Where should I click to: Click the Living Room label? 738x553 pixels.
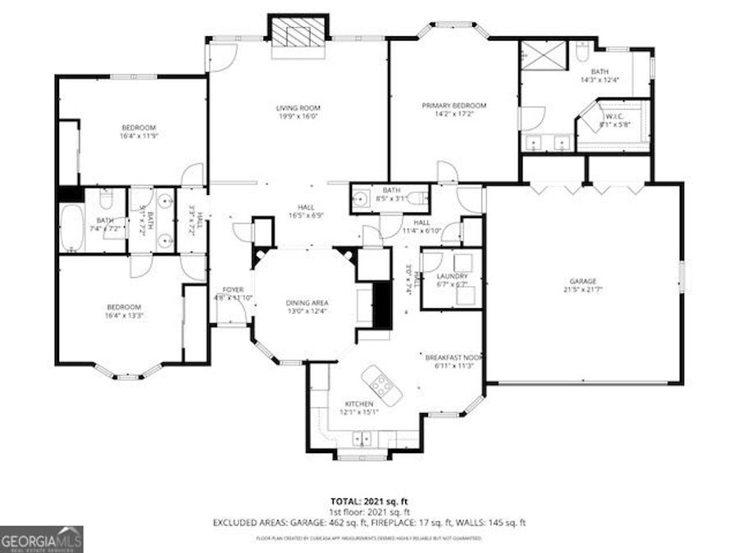pos(297,107)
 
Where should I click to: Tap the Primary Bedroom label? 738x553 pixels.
pos(453,106)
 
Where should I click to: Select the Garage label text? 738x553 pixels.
pos(583,280)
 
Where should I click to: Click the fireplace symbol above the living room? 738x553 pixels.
pos(298,33)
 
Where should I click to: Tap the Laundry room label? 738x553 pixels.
pos(451,276)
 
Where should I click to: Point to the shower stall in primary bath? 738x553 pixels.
pos(542,56)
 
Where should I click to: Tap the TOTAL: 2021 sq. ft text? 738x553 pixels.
pos(368,500)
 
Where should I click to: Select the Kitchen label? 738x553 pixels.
pos(359,404)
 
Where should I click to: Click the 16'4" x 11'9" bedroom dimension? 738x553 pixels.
pos(139,137)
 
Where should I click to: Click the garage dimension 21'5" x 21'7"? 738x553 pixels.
pos(583,289)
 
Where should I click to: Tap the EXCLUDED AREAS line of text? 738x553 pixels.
pos(368,522)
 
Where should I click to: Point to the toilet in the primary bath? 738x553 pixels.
pos(580,53)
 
